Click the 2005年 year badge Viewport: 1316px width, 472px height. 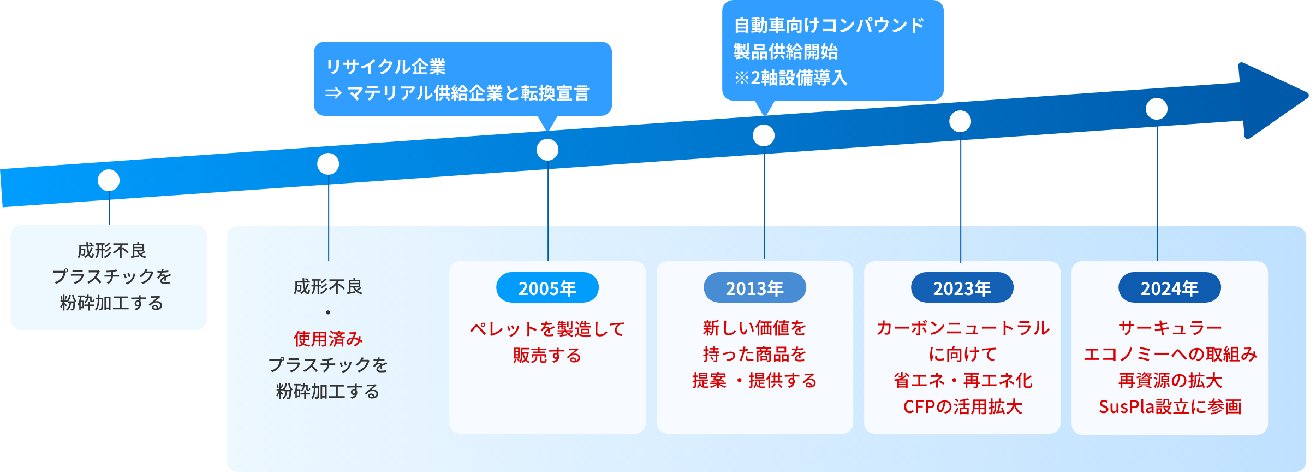pos(547,288)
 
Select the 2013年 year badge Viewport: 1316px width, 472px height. pos(754,288)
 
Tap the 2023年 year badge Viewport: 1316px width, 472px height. pos(962,288)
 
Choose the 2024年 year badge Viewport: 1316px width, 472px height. pos(1169,288)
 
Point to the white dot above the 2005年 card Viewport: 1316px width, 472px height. pos(547,150)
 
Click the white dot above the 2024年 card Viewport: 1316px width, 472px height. pos(1157,109)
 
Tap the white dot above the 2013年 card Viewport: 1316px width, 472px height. pos(764,135)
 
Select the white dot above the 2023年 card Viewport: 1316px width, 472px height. pos(960,121)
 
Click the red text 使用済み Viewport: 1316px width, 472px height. pos(328,339)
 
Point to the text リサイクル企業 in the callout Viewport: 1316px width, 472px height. pos(386,67)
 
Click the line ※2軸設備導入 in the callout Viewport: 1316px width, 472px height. pos(791,78)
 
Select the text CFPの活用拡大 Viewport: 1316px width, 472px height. pos(962,407)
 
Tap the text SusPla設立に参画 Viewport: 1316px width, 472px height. pos(1170,407)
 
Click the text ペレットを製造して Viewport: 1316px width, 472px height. pos(547,329)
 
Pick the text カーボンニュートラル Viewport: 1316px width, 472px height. pos(962,328)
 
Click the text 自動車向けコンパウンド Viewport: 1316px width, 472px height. pos(829,25)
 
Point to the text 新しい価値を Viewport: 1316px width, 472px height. pos(754,328)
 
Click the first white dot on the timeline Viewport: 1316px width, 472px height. pos(109,180)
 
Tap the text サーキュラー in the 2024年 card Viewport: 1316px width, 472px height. pos(1170,328)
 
